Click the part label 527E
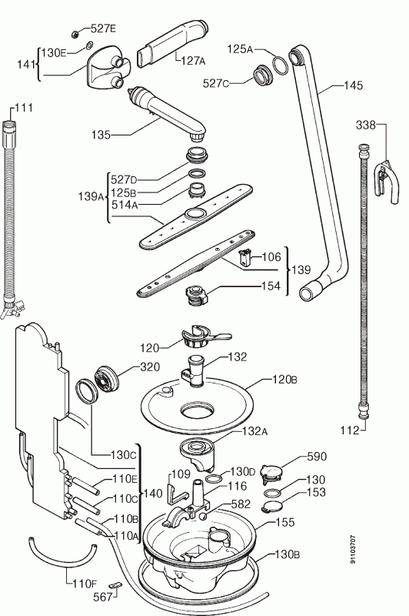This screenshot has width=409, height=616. tap(103, 28)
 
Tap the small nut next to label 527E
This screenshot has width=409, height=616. tap(75, 35)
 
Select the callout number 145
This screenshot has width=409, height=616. tap(353, 85)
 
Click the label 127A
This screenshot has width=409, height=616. tap(193, 61)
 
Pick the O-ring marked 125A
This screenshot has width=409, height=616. tap(281, 65)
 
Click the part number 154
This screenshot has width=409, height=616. tap(271, 286)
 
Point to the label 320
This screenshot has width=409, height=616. tap(150, 367)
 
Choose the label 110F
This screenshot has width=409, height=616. tap(85, 584)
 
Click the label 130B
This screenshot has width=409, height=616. tap(287, 554)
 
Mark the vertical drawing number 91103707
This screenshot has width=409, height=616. tap(354, 549)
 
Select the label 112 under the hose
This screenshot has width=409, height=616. tap(350, 430)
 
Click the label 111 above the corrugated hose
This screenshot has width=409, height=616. tap(24, 108)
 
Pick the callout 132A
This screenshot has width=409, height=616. tap(255, 431)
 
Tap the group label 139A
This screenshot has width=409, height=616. tap(91, 196)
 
